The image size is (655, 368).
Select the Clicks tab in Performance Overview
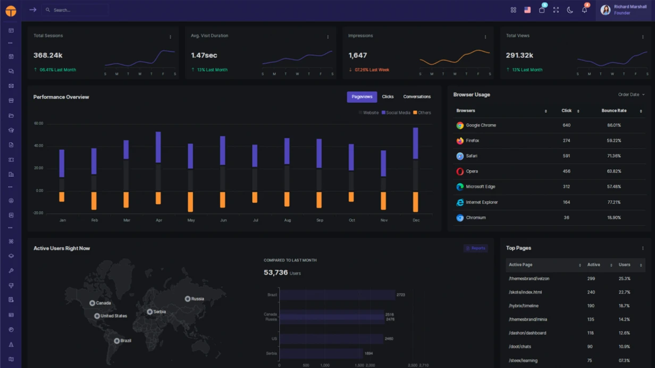pyautogui.click(x=388, y=97)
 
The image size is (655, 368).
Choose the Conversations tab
pyautogui.click(x=417, y=97)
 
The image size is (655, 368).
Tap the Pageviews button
pyautogui.click(x=362, y=97)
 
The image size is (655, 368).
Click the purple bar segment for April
pyautogui.click(x=158, y=147)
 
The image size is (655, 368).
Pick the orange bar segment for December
pyautogui.click(x=416, y=202)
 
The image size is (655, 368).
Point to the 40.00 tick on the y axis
pyautogui.click(x=39, y=146)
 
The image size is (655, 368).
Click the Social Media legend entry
pyautogui.click(x=396, y=113)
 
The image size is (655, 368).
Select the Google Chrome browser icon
pyautogui.click(x=460, y=125)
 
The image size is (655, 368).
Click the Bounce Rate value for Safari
pyautogui.click(x=614, y=156)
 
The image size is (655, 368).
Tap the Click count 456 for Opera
pyautogui.click(x=566, y=172)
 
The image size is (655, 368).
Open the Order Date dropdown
pyautogui.click(x=631, y=95)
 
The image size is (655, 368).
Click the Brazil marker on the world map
pyautogui.click(x=117, y=341)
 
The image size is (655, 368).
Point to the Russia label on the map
pyautogui.click(x=198, y=299)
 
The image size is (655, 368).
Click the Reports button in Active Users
pyautogui.click(x=475, y=248)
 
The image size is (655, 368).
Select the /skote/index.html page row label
pyautogui.click(x=525, y=292)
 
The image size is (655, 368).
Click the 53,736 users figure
pyautogui.click(x=275, y=272)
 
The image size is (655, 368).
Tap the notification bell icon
pyautogui.click(x=584, y=10)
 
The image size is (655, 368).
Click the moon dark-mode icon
pyautogui.click(x=570, y=10)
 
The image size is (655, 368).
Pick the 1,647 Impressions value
pyautogui.click(x=358, y=55)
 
